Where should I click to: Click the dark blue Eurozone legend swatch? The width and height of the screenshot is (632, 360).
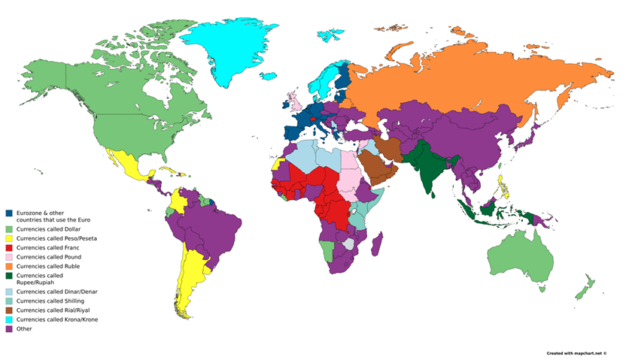[9, 213]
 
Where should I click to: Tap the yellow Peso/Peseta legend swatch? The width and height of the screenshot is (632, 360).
[9, 238]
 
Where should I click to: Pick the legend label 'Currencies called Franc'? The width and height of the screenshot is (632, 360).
[48, 248]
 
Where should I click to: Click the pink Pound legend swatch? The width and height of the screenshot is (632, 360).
[9, 257]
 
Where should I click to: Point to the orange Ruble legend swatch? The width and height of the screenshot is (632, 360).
[9, 266]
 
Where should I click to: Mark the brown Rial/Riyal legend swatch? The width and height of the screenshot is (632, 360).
[9, 310]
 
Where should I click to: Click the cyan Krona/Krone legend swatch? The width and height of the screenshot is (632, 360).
[9, 319]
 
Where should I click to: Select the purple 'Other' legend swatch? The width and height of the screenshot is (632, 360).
[9, 328]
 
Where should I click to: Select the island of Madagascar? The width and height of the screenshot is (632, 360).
[379, 246]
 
